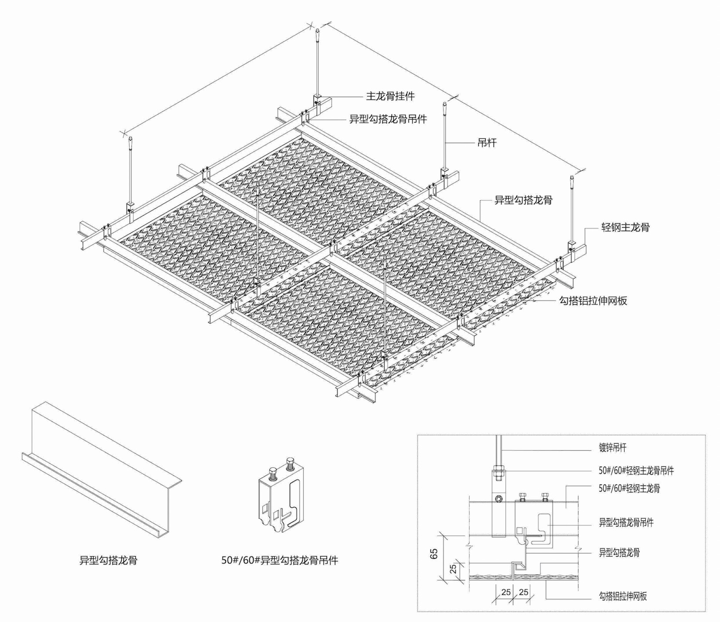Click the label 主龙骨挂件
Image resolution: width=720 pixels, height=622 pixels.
390,96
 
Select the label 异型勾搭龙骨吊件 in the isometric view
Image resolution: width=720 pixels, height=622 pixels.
388,119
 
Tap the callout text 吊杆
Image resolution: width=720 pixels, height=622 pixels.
487,142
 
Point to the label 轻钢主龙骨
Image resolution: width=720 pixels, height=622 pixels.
625,227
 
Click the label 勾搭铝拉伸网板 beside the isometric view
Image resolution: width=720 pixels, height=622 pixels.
593,300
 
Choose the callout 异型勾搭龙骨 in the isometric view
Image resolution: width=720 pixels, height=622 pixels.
524,200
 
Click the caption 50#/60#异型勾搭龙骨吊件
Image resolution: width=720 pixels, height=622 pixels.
280,560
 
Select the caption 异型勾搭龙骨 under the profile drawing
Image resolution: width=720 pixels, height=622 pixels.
108,560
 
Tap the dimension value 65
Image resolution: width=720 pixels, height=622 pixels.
435,554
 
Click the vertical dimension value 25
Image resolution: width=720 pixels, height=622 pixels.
453,569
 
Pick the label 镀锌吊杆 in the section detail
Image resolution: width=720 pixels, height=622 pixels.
612,448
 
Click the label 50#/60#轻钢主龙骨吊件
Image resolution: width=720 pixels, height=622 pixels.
636,470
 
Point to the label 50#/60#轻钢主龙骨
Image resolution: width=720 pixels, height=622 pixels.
629,488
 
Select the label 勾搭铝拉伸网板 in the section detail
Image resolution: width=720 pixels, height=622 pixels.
623,596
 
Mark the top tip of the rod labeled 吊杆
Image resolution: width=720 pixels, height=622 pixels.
445,103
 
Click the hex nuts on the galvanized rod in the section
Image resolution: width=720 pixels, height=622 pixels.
498,472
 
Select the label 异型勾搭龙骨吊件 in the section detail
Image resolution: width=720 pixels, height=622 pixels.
626,522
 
